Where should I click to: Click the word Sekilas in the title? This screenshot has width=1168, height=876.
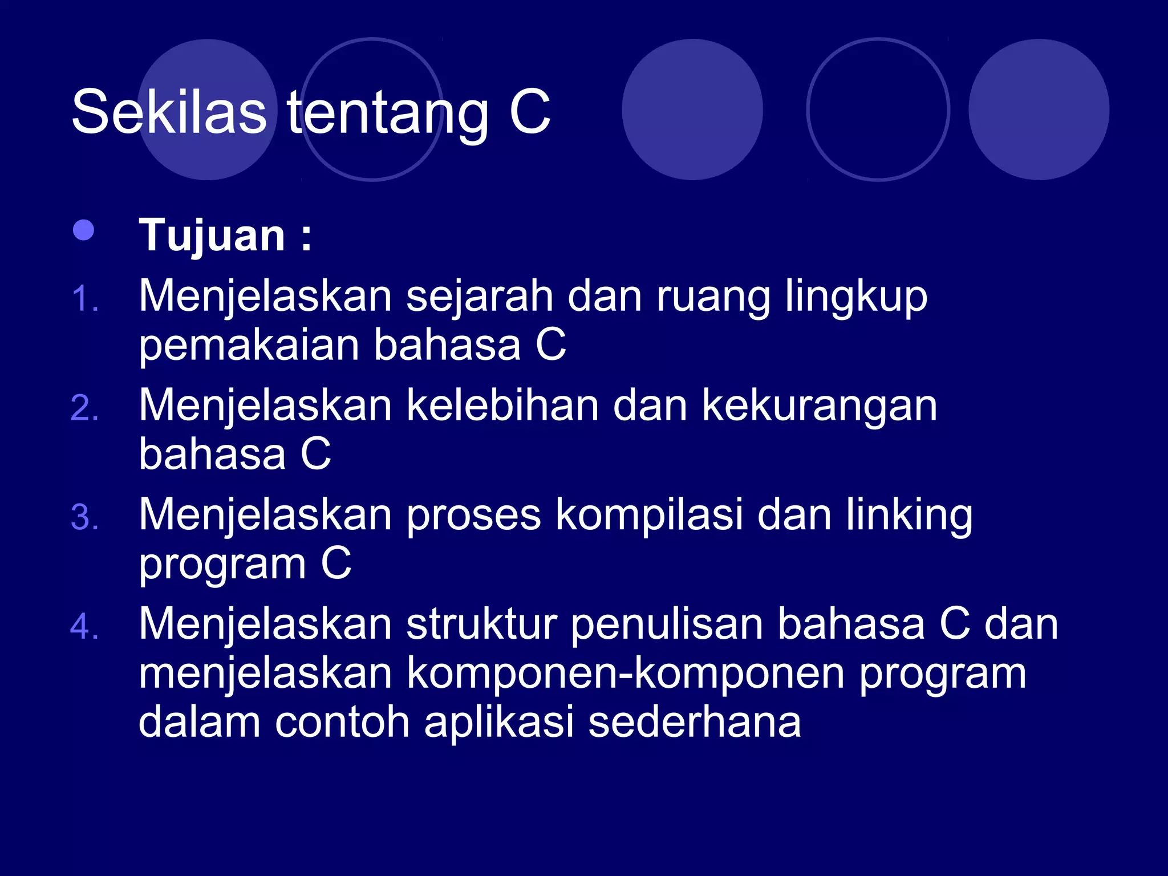pos(169,112)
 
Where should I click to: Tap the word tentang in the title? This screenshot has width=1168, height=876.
pos(388,114)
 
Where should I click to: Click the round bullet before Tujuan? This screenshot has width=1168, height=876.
pos(84,230)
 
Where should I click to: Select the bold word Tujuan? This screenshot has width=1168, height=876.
pos(212,235)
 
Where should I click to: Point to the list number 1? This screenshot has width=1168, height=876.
pos(85,299)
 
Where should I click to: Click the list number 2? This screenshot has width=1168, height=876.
pos(85,408)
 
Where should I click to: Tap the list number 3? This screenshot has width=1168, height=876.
pos(85,518)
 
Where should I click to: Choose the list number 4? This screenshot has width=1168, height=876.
pos(85,627)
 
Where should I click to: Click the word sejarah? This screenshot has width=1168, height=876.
pos(479,297)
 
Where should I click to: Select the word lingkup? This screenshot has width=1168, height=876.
pos(855,298)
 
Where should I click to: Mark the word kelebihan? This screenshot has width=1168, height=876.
pos(502,405)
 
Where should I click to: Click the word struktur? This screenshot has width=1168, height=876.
pos(481,624)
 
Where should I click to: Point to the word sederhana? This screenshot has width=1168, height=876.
pos(694,722)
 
